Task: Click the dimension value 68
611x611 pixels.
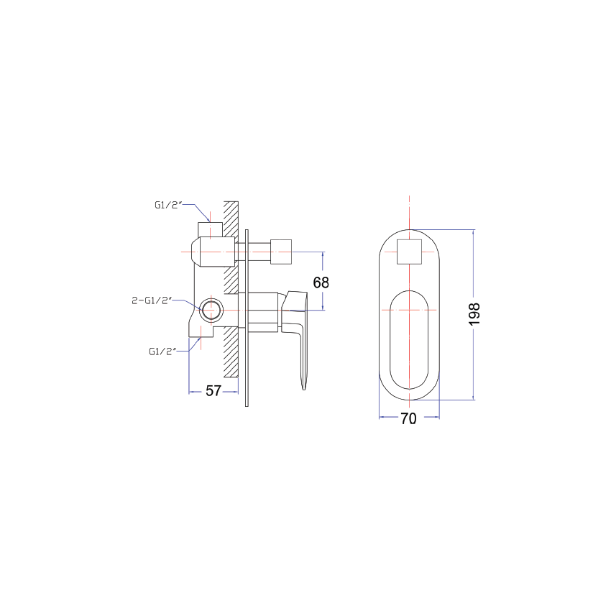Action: (x=321, y=282)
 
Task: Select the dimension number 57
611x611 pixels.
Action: (x=213, y=391)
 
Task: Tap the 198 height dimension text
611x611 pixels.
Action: (x=474, y=314)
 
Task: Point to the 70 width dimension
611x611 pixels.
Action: (x=408, y=419)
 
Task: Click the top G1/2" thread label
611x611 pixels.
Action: (x=168, y=205)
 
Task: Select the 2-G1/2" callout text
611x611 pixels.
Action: (x=152, y=301)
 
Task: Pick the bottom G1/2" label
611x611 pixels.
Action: (x=162, y=352)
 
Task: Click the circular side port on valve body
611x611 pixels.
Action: (x=211, y=311)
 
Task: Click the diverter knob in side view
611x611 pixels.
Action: (x=281, y=252)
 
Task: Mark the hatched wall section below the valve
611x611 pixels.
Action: (x=231, y=352)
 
